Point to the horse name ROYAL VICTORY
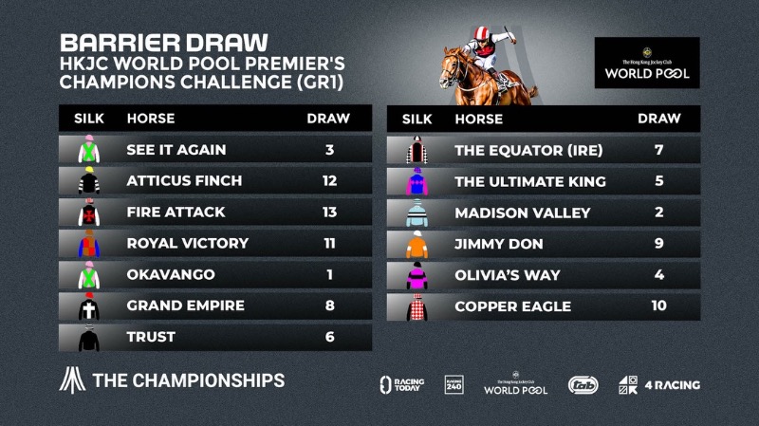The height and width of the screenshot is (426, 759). [x=187, y=243]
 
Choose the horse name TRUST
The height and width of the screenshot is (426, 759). [x=151, y=337]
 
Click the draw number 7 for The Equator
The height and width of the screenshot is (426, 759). [x=658, y=150]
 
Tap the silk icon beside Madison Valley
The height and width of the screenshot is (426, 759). [x=418, y=213]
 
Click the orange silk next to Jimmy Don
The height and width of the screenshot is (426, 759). [x=418, y=244]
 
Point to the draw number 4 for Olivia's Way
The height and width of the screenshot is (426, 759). [x=658, y=275]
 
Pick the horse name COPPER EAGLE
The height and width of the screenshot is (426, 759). [x=513, y=306]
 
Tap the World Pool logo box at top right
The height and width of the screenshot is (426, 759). [x=647, y=63]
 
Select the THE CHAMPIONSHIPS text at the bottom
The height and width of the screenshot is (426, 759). [x=188, y=380]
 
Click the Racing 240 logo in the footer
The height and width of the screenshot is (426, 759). [x=454, y=384]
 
